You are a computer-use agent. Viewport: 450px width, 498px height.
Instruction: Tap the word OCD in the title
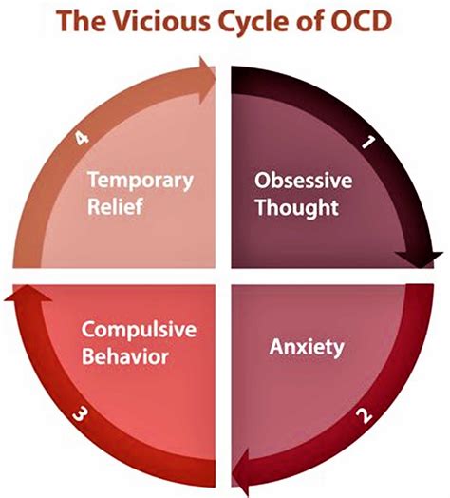(x=361, y=20)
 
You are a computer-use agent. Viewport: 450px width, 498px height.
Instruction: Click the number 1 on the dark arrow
(x=368, y=142)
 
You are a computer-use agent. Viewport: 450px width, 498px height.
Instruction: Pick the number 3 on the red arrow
(x=79, y=413)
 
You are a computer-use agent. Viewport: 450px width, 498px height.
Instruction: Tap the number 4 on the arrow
(x=82, y=138)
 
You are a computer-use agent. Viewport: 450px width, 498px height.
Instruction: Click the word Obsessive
(x=304, y=180)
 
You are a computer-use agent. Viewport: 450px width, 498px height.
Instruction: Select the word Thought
(x=297, y=208)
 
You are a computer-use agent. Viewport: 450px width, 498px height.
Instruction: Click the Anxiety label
(x=307, y=347)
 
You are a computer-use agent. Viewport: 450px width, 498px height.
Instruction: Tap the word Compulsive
(x=139, y=330)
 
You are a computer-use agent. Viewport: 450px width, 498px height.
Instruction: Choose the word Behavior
(x=125, y=356)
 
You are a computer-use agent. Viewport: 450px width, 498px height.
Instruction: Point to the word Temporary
(x=141, y=181)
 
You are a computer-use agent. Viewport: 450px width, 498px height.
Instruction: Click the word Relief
(x=115, y=206)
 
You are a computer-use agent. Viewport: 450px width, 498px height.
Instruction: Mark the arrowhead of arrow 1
(x=420, y=259)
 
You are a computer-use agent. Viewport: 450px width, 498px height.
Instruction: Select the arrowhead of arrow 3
(x=28, y=293)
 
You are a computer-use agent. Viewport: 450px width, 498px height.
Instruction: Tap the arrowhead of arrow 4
(x=207, y=80)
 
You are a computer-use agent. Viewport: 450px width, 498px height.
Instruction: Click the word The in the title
(x=82, y=20)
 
